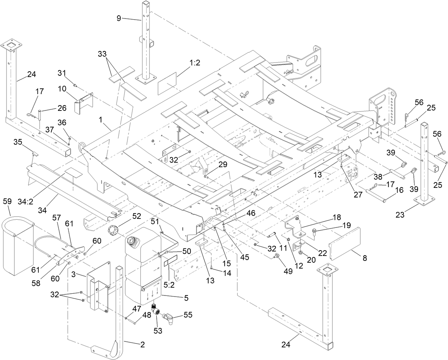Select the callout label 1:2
pos(195,63)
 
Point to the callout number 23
pos(403,215)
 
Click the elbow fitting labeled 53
pos(156,310)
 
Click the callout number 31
pos(62,73)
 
